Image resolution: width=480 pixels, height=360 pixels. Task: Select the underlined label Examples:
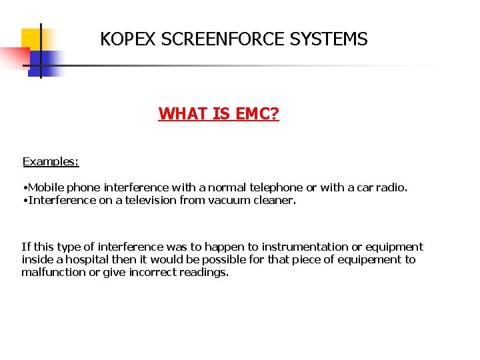(x=51, y=161)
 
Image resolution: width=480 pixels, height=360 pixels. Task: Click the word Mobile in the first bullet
(x=46, y=187)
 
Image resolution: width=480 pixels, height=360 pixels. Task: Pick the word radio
(x=392, y=187)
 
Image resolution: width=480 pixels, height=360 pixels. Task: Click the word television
(x=145, y=200)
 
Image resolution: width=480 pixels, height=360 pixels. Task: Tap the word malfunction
(x=53, y=272)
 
